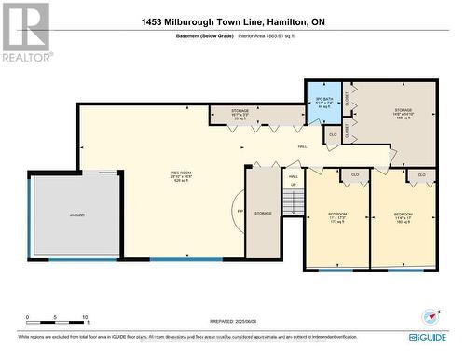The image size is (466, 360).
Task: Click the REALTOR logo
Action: (26, 34)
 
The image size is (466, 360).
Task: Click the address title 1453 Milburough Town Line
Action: (233, 21)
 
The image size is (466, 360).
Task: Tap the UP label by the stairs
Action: (293, 185)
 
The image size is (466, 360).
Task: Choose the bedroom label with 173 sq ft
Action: (337, 217)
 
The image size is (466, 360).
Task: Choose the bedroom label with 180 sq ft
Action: (403, 217)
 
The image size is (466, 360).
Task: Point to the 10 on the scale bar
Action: (85, 318)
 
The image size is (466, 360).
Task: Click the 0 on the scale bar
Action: (28, 318)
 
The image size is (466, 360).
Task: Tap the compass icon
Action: (428, 315)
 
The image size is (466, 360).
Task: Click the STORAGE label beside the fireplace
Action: (264, 214)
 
